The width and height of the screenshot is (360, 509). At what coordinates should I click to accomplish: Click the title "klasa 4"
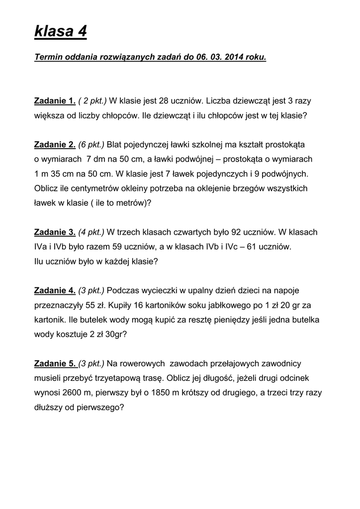[60, 32]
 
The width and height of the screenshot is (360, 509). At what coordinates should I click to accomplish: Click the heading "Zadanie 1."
[55, 101]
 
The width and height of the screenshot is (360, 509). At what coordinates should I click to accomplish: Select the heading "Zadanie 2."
[55, 145]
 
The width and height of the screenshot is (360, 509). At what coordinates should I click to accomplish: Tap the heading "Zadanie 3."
[55, 232]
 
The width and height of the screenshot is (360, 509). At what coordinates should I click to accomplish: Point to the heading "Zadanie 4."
[55, 290]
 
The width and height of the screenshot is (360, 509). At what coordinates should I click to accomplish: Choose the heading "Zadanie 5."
[55, 363]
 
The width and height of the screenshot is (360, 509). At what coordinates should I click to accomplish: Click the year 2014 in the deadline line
[234, 58]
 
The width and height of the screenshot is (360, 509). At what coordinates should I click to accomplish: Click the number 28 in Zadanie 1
[165, 101]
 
